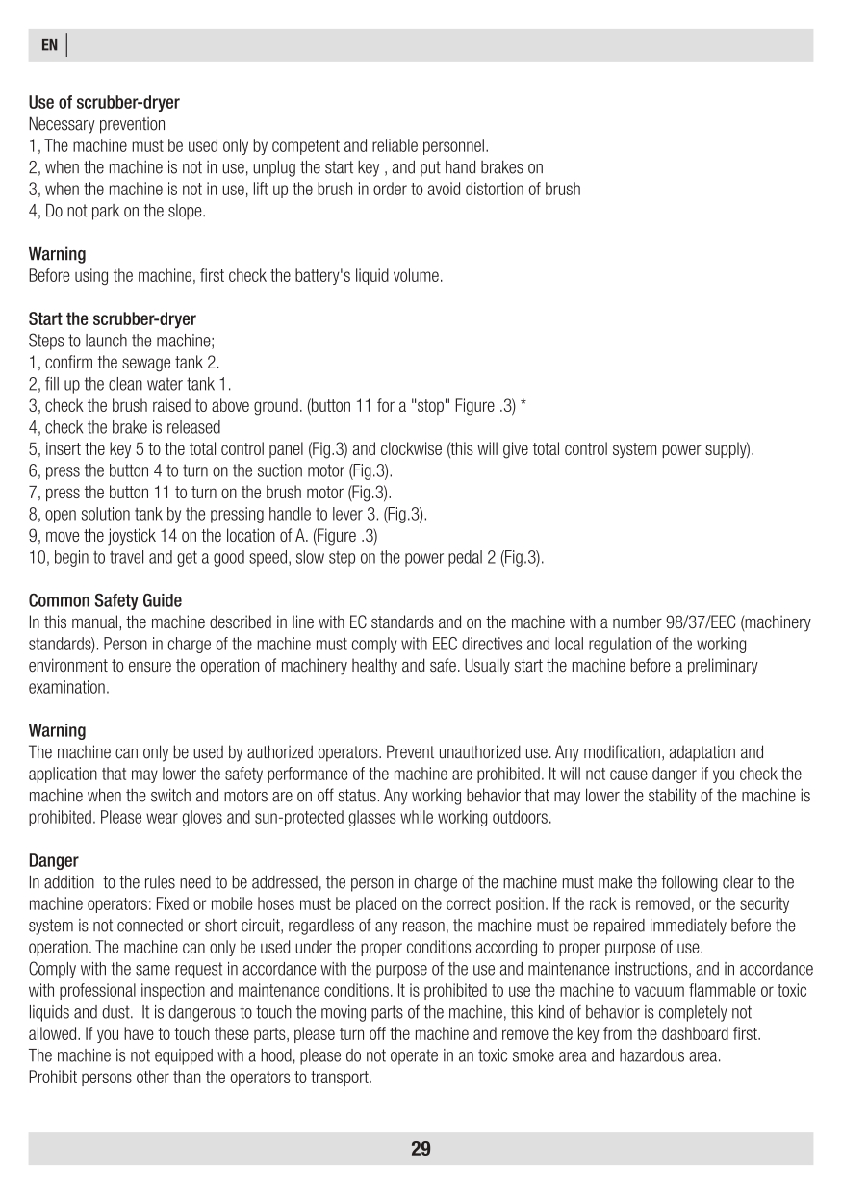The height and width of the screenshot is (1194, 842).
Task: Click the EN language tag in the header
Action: pyautogui.click(x=50, y=45)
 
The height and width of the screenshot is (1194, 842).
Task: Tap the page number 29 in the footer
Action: pyautogui.click(x=421, y=1149)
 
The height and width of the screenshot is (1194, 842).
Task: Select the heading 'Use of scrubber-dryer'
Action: pyautogui.click(x=104, y=102)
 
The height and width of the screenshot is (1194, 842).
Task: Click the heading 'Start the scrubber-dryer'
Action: pyautogui.click(x=113, y=318)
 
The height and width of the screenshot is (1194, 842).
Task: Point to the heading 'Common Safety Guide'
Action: pyautogui.click(x=105, y=600)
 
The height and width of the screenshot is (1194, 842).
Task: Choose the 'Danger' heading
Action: pyautogui.click(x=53, y=860)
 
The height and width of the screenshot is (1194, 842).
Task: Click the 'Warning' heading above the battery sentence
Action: pyautogui.click(x=57, y=254)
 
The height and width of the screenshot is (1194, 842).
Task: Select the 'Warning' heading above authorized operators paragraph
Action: pyautogui.click(x=57, y=730)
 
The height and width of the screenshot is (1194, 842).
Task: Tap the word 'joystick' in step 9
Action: pyautogui.click(x=143, y=535)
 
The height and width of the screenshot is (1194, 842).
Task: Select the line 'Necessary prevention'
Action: pyautogui.click(x=97, y=124)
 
